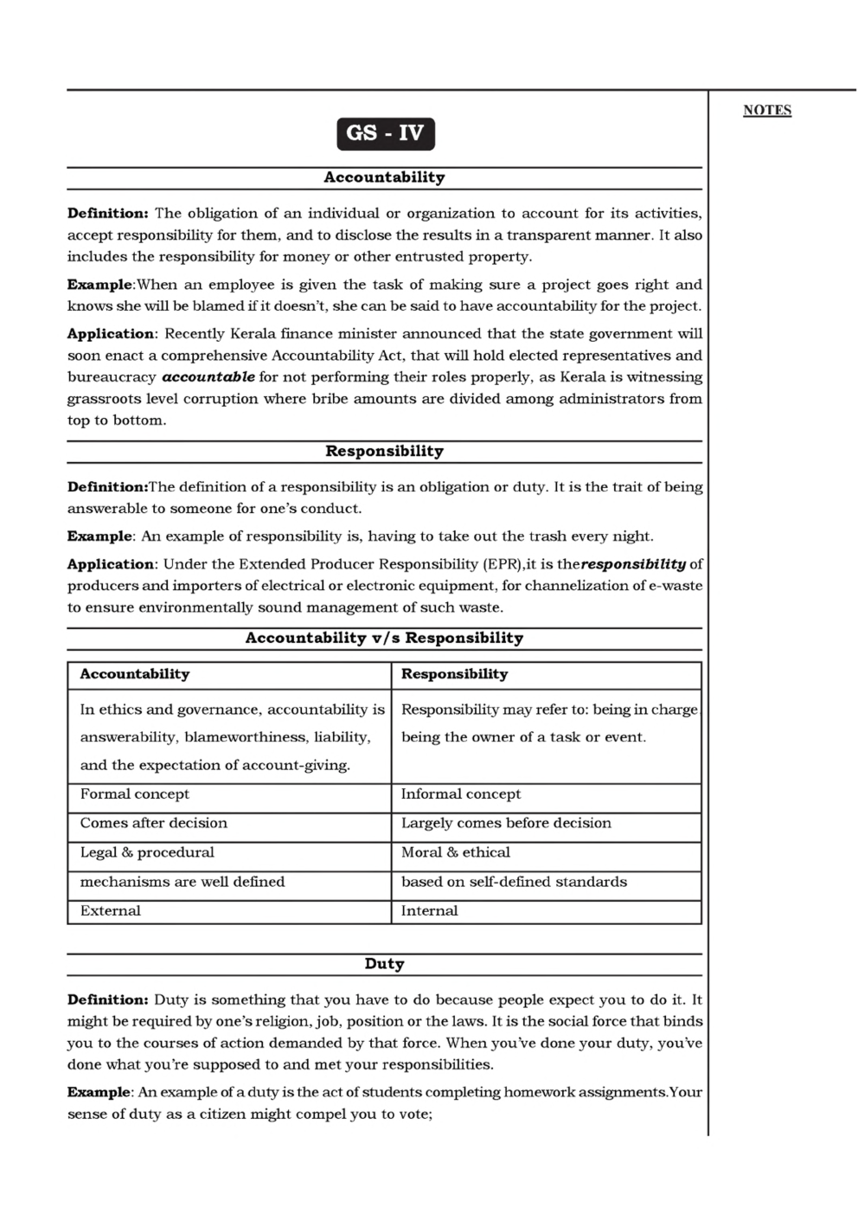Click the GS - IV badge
click(385, 133)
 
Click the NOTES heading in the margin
click(767, 110)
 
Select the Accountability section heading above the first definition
click(384, 177)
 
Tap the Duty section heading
click(384, 964)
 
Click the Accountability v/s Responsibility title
click(384, 639)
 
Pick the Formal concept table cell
click(134, 794)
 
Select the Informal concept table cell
click(461, 794)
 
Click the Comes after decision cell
click(154, 823)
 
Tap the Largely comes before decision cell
click(506, 823)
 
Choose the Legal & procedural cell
click(147, 852)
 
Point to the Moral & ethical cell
click(456, 852)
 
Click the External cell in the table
click(110, 911)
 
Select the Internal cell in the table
click(430, 911)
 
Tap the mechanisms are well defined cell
click(182, 882)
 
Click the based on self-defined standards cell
click(514, 882)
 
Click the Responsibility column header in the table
click(454, 674)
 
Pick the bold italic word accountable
click(208, 377)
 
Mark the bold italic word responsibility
click(634, 564)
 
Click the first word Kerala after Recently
click(253, 334)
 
